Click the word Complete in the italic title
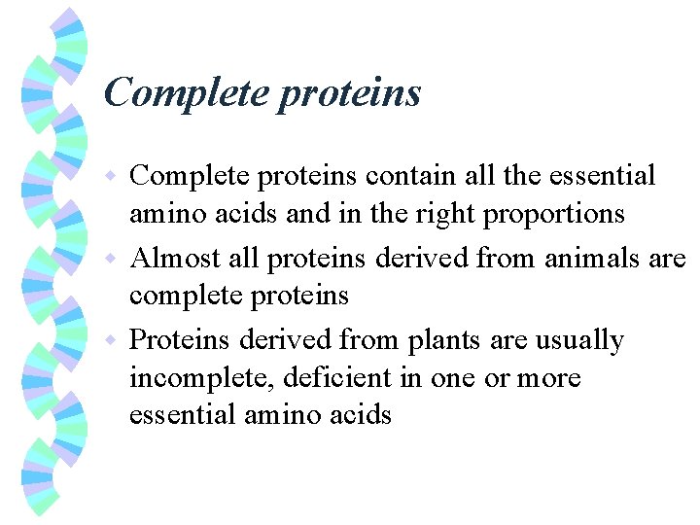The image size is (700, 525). (x=185, y=93)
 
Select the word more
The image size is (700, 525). (x=550, y=378)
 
